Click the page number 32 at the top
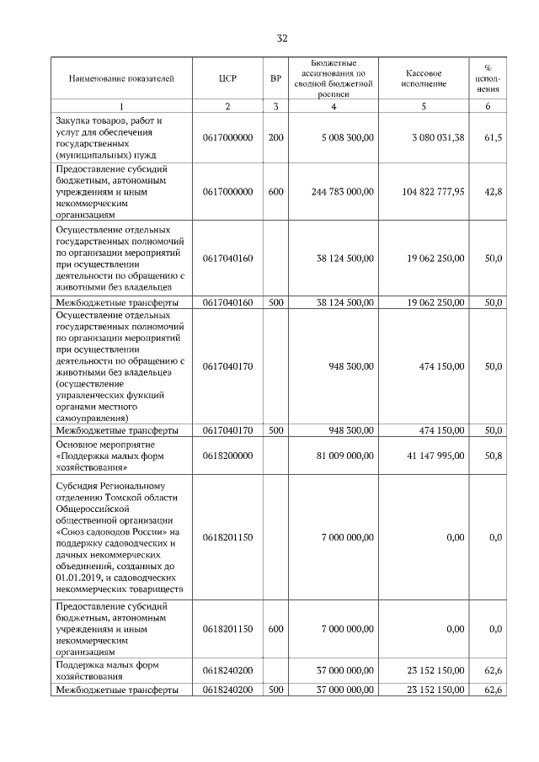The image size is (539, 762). tap(283, 38)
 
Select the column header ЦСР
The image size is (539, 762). tap(227, 79)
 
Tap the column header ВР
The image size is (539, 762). tap(275, 79)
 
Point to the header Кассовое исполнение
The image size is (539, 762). tap(424, 79)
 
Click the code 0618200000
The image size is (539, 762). tap(227, 456)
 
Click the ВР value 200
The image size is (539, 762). tap(275, 137)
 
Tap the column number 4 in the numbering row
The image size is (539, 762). tap(334, 106)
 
